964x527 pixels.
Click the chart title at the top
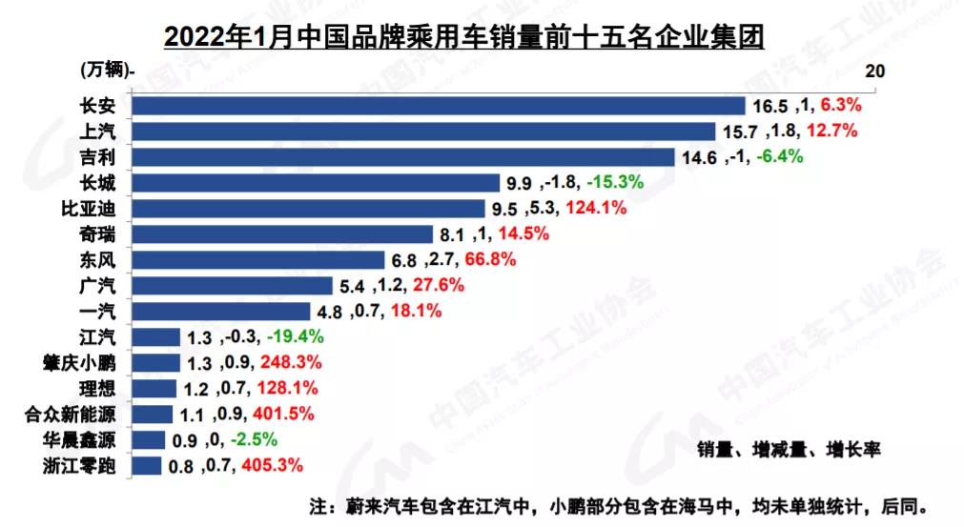pyautogui.click(x=465, y=36)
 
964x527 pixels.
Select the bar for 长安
pyautogui.click(x=438, y=106)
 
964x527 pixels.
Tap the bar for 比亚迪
pyautogui.click(x=314, y=209)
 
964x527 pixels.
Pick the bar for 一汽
pyautogui.click(x=220, y=312)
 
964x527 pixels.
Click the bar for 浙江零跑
pyautogui.click(x=146, y=466)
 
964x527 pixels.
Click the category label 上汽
pyautogui.click(x=99, y=132)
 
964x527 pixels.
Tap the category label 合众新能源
pyautogui.click(x=74, y=415)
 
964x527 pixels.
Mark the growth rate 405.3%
pyautogui.click(x=274, y=466)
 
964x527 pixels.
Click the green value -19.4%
pyautogui.click(x=296, y=337)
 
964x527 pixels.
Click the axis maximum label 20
pyautogui.click(x=874, y=71)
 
